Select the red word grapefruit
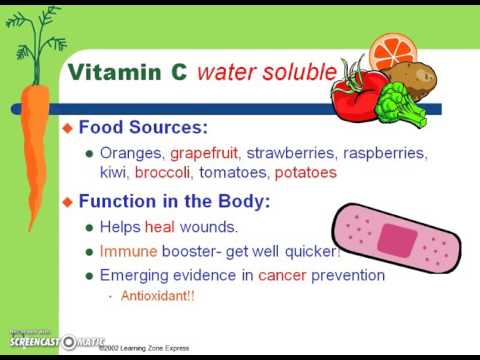pos(205,154)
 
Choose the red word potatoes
pos(305,172)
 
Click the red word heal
pos(160,227)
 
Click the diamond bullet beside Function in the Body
pos(68,202)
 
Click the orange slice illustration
pos(388,51)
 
